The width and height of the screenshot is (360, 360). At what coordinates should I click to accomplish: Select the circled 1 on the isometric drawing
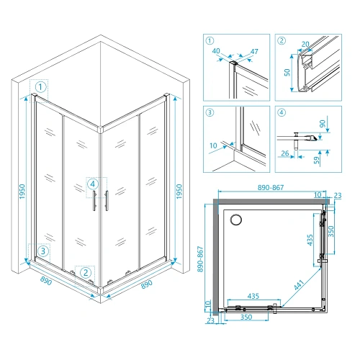pos(41,87)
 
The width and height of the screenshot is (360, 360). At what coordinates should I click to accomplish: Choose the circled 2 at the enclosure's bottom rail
pos(86,272)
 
